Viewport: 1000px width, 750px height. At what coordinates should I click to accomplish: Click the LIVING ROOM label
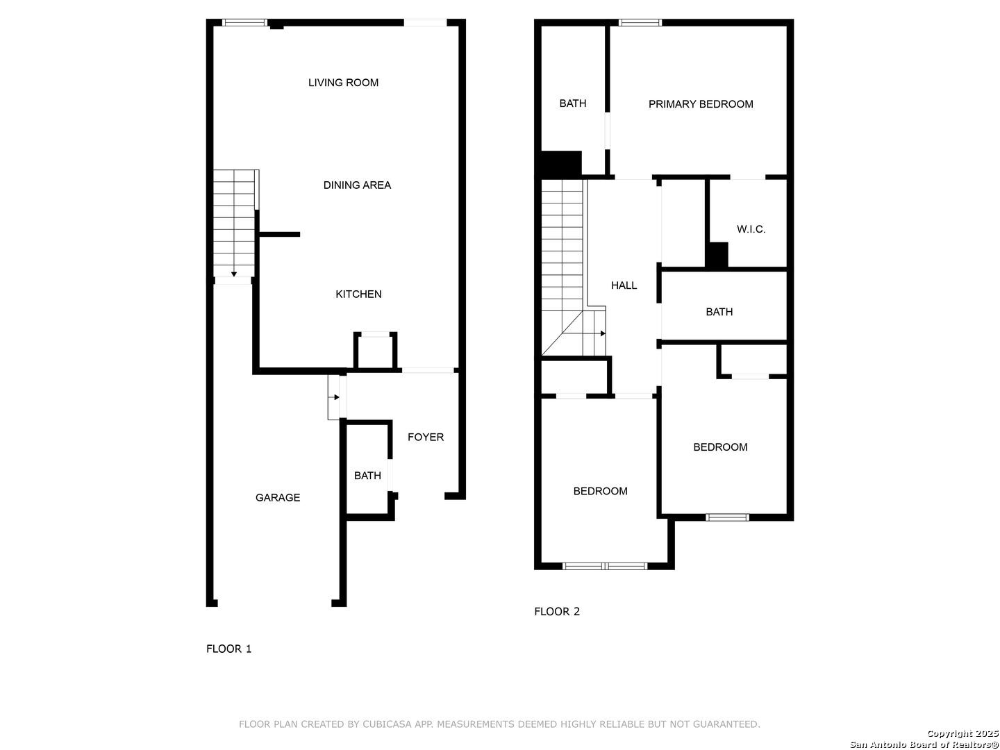coord(343,83)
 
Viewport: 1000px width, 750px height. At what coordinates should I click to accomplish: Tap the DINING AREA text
coord(357,185)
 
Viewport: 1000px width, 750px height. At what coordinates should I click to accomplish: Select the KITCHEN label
coord(358,294)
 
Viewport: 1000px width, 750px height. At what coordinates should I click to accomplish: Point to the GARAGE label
coord(278,497)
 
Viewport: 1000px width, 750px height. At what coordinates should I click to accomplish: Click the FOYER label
coord(426,437)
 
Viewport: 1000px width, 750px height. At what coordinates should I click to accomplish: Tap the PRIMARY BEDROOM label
coord(701,104)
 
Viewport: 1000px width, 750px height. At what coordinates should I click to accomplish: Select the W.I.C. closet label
coord(751,229)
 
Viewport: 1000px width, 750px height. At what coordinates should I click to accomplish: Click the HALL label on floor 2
coord(624,285)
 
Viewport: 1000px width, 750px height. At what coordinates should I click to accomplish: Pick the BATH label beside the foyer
coord(367,476)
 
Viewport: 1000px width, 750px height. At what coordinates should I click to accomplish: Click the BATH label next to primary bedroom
coord(573,103)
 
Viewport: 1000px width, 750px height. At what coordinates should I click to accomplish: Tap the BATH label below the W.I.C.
coord(719,312)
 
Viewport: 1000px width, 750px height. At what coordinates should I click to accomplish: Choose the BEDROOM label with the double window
coord(600,491)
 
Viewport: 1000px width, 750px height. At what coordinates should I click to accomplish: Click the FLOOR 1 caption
coord(229,649)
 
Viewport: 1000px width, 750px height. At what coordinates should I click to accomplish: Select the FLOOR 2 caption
coord(557,611)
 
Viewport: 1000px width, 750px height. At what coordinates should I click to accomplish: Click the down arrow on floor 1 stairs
coord(234,274)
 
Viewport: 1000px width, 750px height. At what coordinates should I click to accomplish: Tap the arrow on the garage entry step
coord(336,397)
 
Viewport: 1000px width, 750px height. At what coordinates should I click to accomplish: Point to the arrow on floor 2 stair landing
coord(603,333)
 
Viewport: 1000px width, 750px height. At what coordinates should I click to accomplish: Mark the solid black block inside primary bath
coord(561,163)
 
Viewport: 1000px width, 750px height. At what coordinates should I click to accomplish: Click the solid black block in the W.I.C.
coord(717,254)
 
